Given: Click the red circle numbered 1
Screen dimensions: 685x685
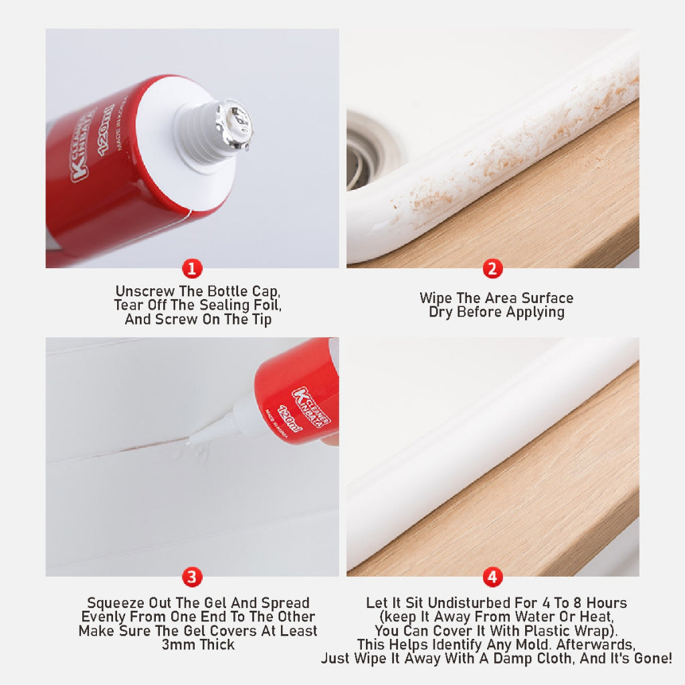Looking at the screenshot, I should [x=192, y=270].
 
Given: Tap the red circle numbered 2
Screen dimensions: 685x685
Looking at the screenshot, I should [x=492, y=270].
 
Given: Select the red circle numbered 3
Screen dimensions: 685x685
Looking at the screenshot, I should [x=192, y=577].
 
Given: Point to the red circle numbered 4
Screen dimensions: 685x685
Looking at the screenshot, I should [x=492, y=577].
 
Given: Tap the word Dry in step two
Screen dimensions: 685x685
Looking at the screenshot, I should [x=441, y=312].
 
